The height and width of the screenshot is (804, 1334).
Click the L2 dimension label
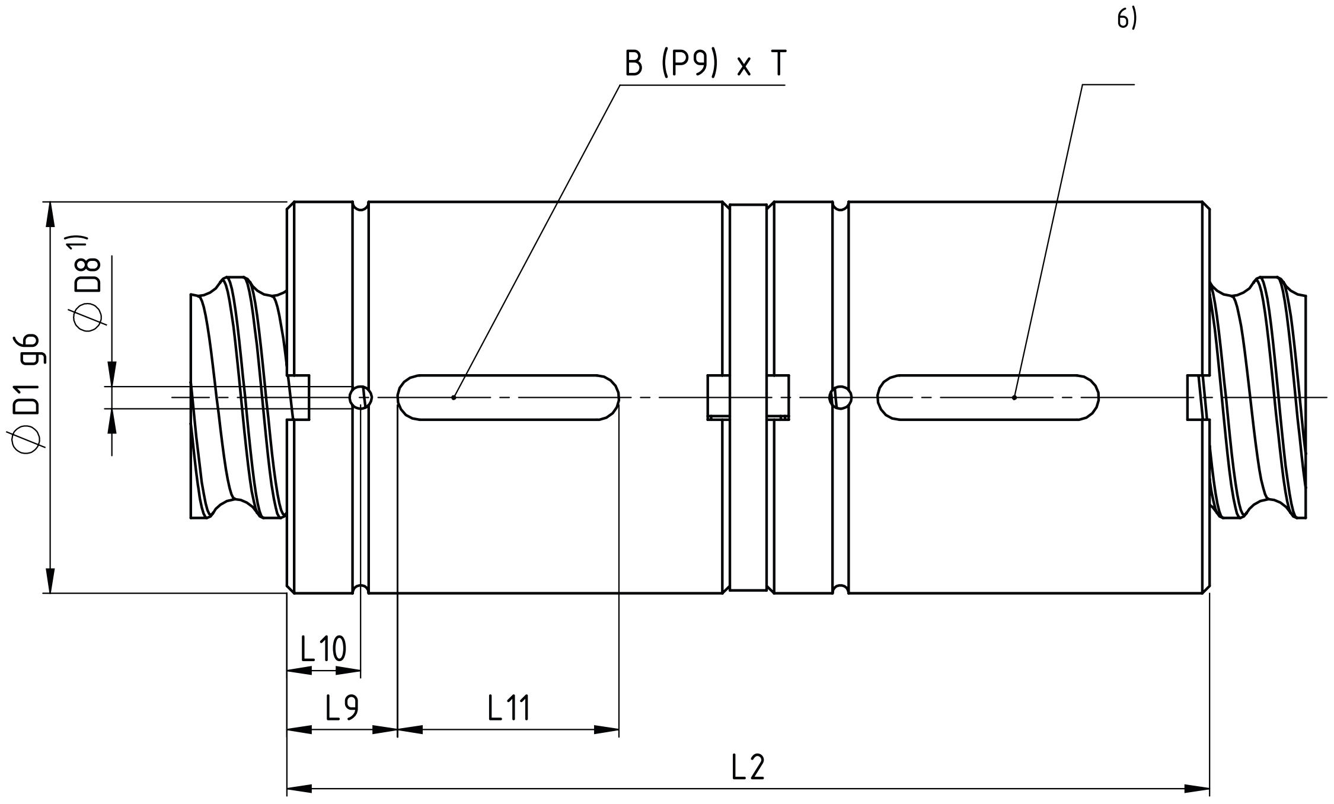coord(748,768)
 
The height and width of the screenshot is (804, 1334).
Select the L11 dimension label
coord(509,708)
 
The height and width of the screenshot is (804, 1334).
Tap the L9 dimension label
coord(342,707)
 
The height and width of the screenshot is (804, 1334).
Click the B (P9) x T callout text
coord(706,63)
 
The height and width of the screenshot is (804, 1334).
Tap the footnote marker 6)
coord(1126,20)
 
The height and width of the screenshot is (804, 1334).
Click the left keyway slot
coord(508,397)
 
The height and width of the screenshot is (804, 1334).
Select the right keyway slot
coord(988,397)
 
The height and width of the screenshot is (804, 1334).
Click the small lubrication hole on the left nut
coord(360,397)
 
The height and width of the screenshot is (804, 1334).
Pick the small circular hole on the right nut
coord(840,397)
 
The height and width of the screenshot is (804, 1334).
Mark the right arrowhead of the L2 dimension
coord(1197,789)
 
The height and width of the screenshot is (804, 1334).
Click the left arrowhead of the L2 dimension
coord(299,789)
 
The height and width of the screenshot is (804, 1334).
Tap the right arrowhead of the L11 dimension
coord(607,730)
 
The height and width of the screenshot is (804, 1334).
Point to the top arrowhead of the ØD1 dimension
coord(50,214)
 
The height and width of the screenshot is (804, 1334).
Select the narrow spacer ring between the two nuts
coord(748,397)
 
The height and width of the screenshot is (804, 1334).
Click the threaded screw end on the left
coord(238,397)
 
